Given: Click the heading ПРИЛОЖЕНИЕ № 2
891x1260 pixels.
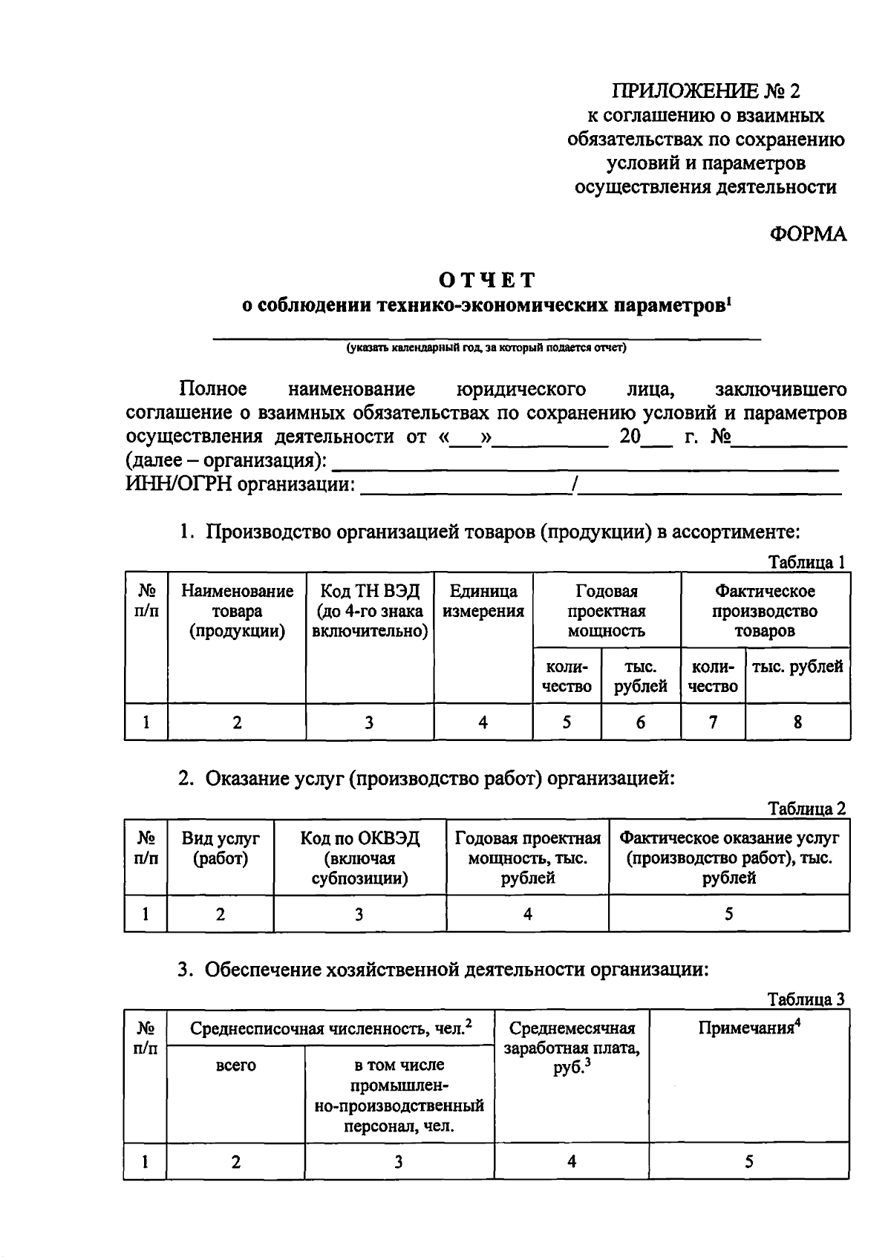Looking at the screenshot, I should [706, 91].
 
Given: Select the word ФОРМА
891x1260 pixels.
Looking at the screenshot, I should [808, 235].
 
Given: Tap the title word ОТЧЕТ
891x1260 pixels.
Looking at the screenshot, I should [487, 280].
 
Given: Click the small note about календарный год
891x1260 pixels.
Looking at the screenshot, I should [487, 347].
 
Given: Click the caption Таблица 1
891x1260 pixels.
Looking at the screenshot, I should [806, 562].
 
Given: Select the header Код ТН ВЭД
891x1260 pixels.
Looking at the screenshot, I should [369, 611].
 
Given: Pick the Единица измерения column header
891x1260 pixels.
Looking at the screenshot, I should [483, 601].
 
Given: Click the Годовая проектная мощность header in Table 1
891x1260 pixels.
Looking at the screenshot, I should [606, 611].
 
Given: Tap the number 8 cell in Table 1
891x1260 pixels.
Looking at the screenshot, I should [797, 722].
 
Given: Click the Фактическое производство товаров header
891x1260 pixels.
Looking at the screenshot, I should [765, 611].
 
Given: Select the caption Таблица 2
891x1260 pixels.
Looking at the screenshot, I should [806, 809].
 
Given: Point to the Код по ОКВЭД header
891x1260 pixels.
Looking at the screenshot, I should [359, 858].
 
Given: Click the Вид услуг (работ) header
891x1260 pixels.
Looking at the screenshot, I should [221, 849].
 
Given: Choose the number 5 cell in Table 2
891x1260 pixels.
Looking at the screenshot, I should [728, 914].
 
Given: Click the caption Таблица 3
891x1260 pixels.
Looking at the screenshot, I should [806, 999].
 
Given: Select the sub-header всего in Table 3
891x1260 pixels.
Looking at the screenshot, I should [235, 1065].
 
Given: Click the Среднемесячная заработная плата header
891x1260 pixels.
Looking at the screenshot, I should [571, 1048].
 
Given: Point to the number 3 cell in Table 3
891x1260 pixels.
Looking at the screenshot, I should [398, 1162].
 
